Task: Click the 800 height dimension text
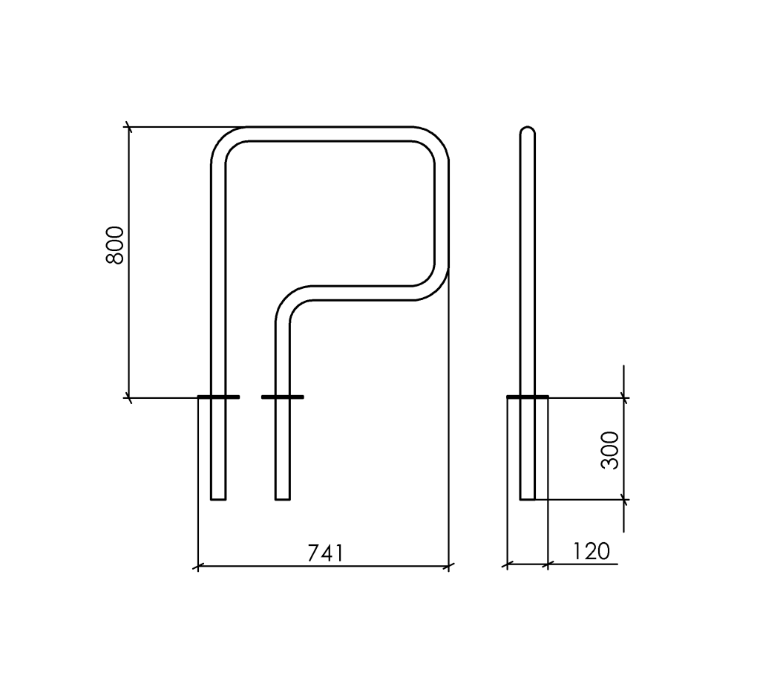click(x=115, y=245)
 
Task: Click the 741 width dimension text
click(x=326, y=553)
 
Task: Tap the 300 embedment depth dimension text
click(x=610, y=450)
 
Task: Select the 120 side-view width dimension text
click(x=592, y=552)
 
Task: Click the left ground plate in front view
click(x=219, y=397)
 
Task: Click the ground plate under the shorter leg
click(x=283, y=397)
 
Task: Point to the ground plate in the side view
click(x=528, y=397)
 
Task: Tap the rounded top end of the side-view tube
click(x=528, y=129)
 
